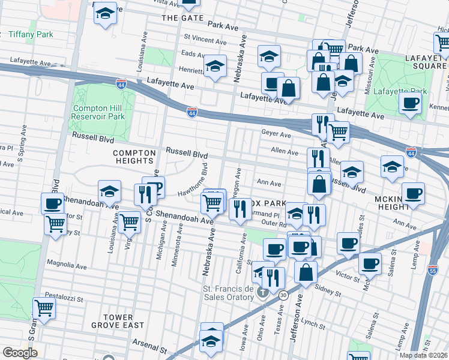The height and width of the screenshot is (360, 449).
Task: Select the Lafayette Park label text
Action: coord(400,91)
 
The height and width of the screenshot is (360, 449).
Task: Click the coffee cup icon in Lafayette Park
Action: coord(411,104)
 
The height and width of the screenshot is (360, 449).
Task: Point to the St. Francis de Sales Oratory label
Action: coord(233,293)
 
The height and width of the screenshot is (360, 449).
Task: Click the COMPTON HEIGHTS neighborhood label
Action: coord(134,157)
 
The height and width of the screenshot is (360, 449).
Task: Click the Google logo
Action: coord(20,353)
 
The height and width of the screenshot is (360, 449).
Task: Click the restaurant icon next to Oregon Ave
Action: coord(240,209)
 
